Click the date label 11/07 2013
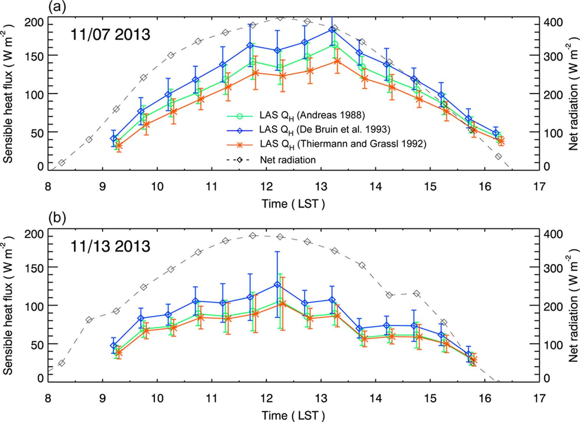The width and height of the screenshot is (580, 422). (x=110, y=35)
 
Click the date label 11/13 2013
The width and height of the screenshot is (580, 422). (x=110, y=246)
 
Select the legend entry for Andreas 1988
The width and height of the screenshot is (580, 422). (x=312, y=115)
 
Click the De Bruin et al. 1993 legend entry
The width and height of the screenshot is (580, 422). (x=324, y=130)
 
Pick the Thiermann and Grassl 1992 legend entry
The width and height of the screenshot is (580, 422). (x=342, y=144)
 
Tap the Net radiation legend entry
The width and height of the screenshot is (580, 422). (x=288, y=160)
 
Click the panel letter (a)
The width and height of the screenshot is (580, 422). (x=57, y=7)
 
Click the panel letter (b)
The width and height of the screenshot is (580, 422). (x=57, y=218)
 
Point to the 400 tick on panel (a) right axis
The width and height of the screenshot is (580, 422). (x=553, y=23)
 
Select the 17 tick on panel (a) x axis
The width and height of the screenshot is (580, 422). (x=539, y=186)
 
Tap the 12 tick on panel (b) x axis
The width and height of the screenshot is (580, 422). (x=266, y=398)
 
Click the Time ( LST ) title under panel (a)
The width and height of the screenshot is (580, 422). (x=293, y=204)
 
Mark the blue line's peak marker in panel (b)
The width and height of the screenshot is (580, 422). (x=277, y=285)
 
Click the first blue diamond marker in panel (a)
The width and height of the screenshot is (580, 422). (x=114, y=138)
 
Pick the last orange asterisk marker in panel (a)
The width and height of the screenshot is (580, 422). (x=500, y=141)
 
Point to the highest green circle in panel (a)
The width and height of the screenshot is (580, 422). (x=334, y=45)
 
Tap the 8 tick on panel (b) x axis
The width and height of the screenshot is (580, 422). (x=48, y=398)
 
